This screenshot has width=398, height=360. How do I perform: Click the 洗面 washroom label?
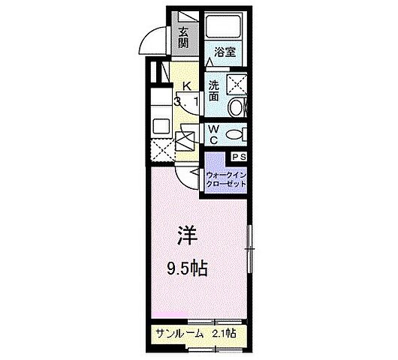pos(214,91)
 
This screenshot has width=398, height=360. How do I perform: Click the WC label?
pos(214,134)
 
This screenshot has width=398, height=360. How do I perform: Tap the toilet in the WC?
pos(236,134)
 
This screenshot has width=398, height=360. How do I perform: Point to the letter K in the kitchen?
pos(187,86)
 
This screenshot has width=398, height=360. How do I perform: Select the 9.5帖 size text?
pos(188,268)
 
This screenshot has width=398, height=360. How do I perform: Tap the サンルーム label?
pos(177,333)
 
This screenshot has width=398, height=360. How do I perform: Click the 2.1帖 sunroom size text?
pos(224,333)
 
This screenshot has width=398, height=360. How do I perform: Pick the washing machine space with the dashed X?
pos(240,83)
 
